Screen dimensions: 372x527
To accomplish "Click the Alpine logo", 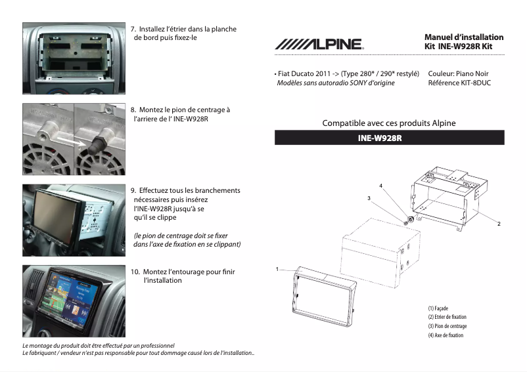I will (319, 44).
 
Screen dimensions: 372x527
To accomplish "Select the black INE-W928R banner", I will (389, 138).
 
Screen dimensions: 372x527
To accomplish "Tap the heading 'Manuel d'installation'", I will (464, 37).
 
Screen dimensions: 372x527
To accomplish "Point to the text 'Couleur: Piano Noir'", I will (458, 74).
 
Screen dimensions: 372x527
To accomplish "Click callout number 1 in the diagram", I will (277, 269).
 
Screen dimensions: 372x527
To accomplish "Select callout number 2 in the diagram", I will (499, 224).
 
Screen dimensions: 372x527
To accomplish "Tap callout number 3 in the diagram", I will (369, 197).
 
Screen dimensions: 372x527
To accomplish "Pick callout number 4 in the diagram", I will (380, 186).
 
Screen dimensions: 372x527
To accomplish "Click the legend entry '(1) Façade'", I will (440, 308).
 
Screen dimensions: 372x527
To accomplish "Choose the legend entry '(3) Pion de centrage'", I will (447, 326).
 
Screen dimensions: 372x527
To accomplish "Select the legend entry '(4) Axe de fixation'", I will (446, 335).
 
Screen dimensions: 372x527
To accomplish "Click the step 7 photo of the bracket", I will (74, 58).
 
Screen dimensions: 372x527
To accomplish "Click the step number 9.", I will (133, 191).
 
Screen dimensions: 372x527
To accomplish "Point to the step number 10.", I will (135, 272).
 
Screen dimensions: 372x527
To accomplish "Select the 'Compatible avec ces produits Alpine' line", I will (388, 123).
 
